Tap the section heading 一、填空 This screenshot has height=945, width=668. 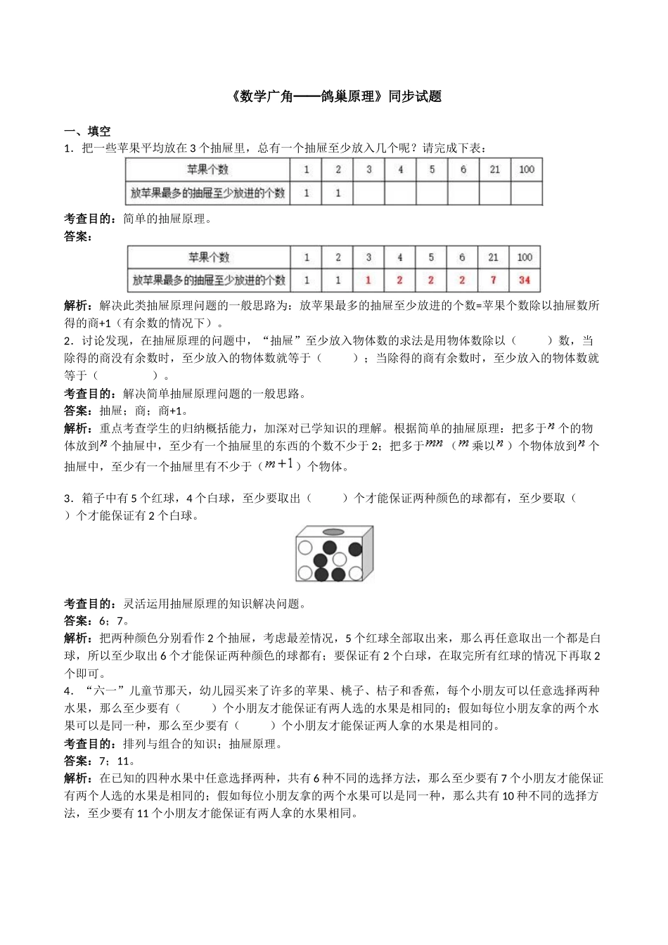pos(86,131)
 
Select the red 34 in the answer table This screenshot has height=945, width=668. pos(524,280)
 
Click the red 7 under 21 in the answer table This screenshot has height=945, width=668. pos(493,280)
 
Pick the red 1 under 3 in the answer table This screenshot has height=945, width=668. pos(368,280)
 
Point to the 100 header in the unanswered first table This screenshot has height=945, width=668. pos(526,169)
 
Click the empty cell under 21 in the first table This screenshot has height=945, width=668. pos(495,193)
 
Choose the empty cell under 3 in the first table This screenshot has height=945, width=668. pos(369,193)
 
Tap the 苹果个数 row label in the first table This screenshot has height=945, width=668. pos(207,169)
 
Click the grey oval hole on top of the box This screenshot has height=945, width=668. pos(334,532)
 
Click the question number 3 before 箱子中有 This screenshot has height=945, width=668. pos(67,499)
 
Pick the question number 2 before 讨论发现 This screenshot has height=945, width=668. pos(67,341)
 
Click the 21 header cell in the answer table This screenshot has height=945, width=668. pos(493,257)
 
